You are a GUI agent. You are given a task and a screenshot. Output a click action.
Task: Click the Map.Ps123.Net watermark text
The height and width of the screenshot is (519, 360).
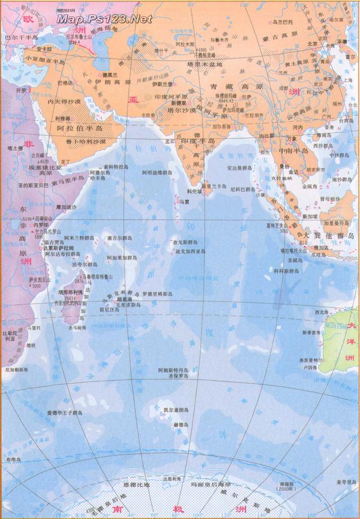click(x=105, y=19)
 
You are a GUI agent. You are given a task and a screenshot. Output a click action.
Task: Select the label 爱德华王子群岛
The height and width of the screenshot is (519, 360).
click(x=64, y=413)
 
